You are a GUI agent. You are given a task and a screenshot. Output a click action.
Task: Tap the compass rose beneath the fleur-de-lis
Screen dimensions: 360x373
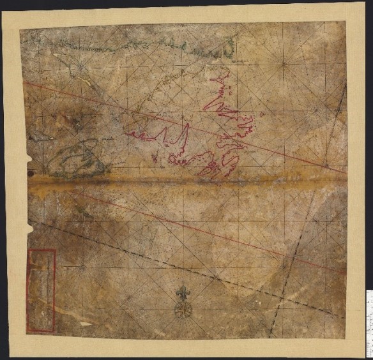pos(184,310)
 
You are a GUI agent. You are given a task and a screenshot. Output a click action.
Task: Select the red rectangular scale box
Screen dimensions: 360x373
pos(42,290)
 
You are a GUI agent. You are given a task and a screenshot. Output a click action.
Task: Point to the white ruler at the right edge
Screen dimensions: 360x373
pos(369,322)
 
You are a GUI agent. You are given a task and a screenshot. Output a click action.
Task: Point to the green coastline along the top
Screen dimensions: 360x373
pos(128,45)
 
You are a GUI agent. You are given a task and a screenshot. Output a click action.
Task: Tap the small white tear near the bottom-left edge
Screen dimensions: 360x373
pos(82,324)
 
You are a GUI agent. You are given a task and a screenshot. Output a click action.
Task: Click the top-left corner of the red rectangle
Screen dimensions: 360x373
pos(28,250)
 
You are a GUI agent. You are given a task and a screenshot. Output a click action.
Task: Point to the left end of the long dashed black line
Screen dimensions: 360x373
pos(29,221)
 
